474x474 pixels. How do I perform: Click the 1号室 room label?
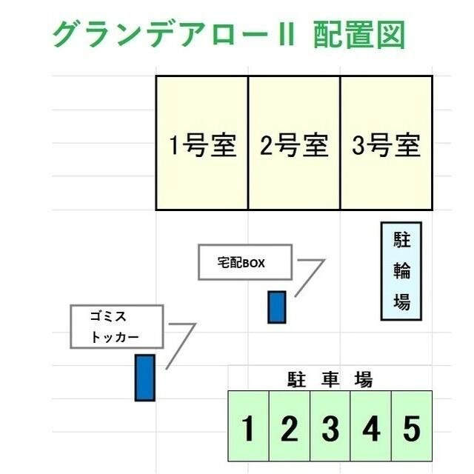203,145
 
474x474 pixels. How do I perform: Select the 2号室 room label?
295,145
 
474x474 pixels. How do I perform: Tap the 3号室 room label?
387,145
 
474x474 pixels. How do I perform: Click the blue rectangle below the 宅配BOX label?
277,307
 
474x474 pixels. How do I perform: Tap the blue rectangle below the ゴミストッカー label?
145,378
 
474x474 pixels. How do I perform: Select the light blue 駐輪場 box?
401,271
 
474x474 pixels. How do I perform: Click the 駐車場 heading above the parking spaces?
330,379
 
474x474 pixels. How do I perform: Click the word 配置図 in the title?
358,35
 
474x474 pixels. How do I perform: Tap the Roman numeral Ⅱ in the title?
286,34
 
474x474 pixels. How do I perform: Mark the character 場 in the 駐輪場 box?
401,301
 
